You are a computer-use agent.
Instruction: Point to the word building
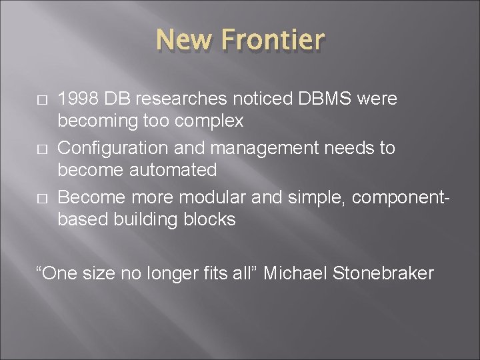[145, 219]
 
